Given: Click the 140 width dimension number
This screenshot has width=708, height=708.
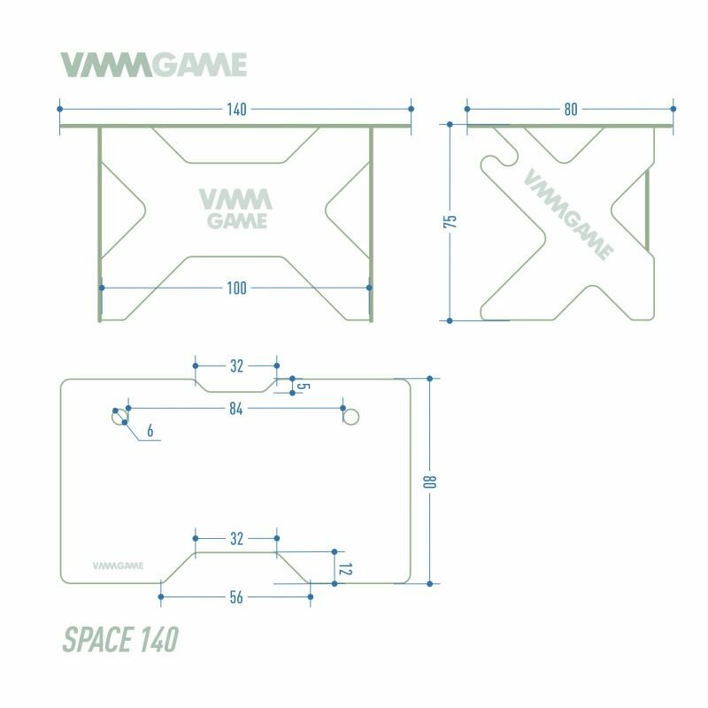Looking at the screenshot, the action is point(236,110).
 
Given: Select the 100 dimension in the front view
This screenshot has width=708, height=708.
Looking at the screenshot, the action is point(236,288).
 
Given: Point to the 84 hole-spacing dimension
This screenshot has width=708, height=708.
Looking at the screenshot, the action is point(236,408).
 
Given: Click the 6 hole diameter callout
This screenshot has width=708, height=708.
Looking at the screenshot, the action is point(151,431).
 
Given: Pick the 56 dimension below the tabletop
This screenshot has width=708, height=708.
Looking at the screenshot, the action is point(236,597).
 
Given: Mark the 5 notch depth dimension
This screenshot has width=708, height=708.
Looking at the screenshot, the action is point(301,387).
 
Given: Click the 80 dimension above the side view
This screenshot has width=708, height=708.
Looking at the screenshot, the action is point(570,110).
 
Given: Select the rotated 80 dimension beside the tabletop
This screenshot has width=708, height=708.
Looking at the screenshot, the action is point(431,482).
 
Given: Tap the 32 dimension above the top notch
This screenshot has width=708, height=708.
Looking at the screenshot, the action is point(236,365).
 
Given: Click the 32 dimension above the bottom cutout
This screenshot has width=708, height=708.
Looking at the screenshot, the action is point(236,538).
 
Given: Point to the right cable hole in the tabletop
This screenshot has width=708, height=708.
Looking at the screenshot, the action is point(351,416).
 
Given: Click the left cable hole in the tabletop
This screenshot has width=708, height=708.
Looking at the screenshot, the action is point(119,416).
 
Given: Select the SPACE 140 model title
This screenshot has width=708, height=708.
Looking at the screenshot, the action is point(120,638).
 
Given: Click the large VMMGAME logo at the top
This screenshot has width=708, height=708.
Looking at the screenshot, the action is point(153,65).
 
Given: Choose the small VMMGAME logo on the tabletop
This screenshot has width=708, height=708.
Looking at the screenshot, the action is point(119,562).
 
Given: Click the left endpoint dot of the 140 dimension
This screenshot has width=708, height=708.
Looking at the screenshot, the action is point(59,109).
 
